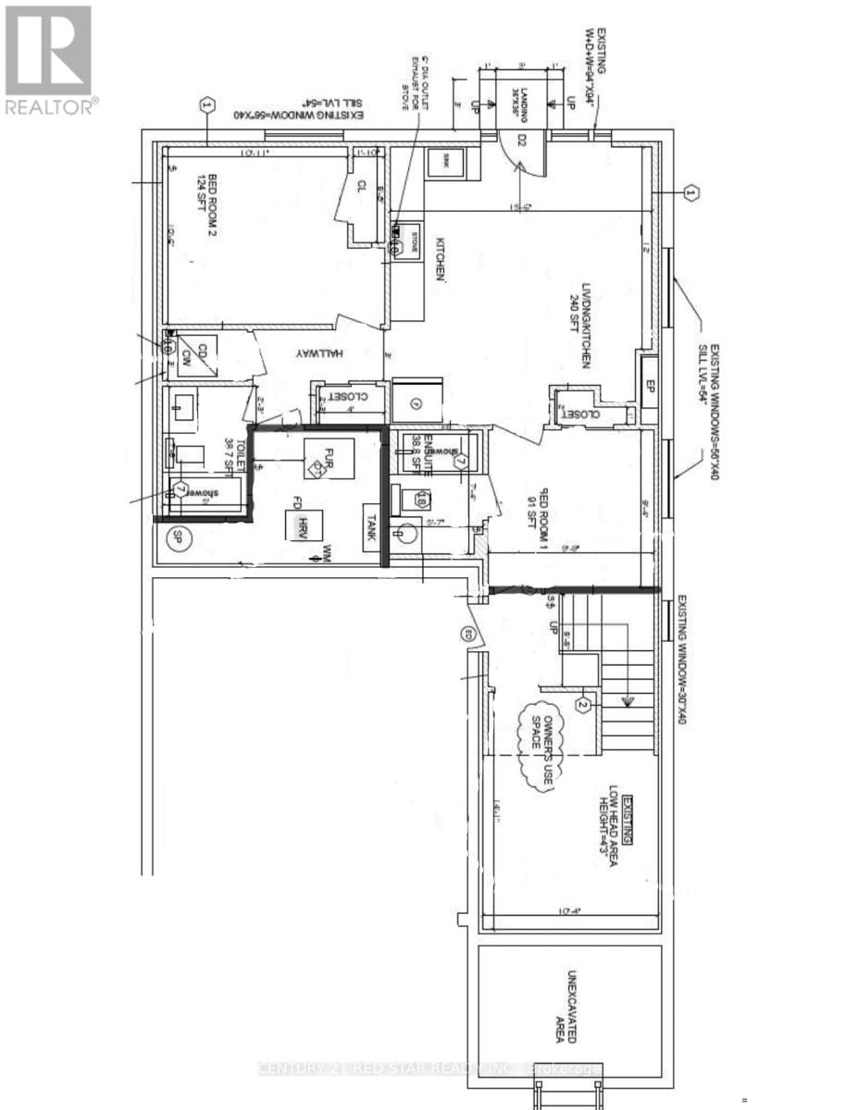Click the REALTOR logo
click(x=49, y=60)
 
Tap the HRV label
click(x=302, y=527)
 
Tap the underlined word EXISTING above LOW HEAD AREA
click(x=628, y=820)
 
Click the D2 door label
click(x=521, y=141)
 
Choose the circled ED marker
click(x=468, y=635)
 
